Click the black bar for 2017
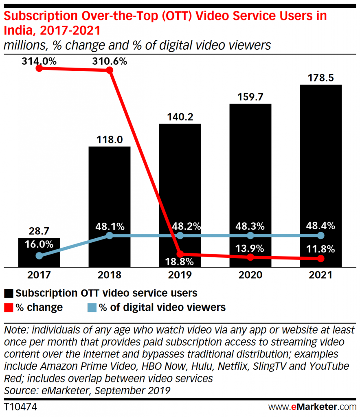[39, 252]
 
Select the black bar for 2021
[320, 175]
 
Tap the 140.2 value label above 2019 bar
[180, 116]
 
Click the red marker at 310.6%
[109, 70]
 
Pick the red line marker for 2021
[320, 259]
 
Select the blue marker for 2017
[39, 256]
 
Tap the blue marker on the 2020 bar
[250, 236]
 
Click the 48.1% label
[110, 225]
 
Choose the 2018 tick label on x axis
[110, 275]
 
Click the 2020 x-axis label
[250, 275]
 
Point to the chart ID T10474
[20, 406]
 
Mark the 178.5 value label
[320, 77]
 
